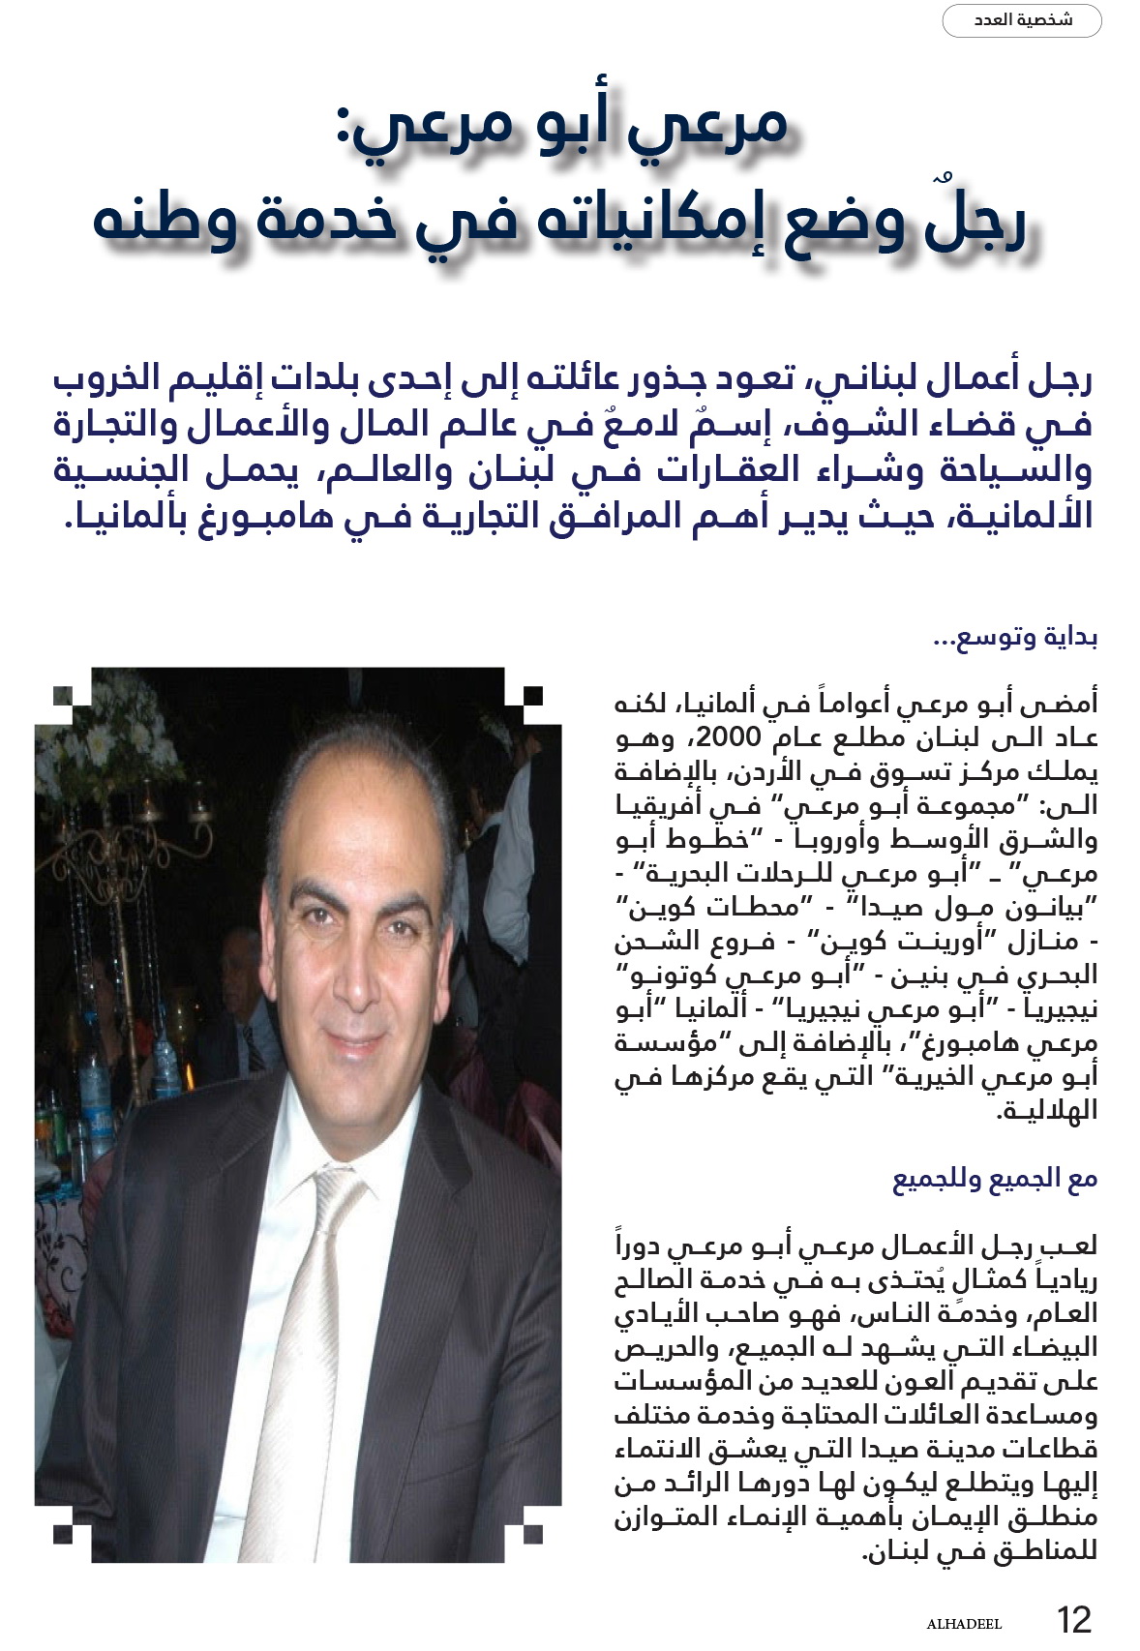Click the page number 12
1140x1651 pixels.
pyautogui.click(x=1073, y=1618)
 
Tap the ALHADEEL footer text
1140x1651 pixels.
pyautogui.click(x=964, y=1624)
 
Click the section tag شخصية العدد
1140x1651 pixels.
pyautogui.click(x=1022, y=20)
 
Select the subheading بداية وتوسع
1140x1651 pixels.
pyautogui.click(x=1015, y=640)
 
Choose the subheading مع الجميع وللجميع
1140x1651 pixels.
pyautogui.click(x=995, y=1180)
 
